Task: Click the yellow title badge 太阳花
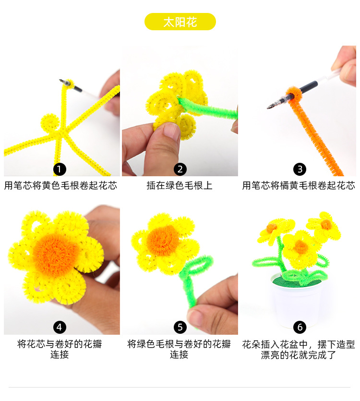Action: pyautogui.click(x=180, y=22)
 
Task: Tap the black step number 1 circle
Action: pyautogui.click(x=60, y=169)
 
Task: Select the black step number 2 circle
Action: pyautogui.click(x=180, y=169)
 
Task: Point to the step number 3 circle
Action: pyautogui.click(x=300, y=169)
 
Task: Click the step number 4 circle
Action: pyautogui.click(x=60, y=327)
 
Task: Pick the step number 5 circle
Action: pyautogui.click(x=180, y=327)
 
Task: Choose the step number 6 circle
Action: pyautogui.click(x=300, y=327)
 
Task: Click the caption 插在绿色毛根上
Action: pyautogui.click(x=180, y=185)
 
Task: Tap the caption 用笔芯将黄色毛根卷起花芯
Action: pyautogui.click(x=60, y=185)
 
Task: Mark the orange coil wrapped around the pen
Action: pyautogui.click(x=291, y=94)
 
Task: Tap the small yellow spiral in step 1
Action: pyautogui.click(x=50, y=122)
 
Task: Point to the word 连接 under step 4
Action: pyautogui.click(x=60, y=355)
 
